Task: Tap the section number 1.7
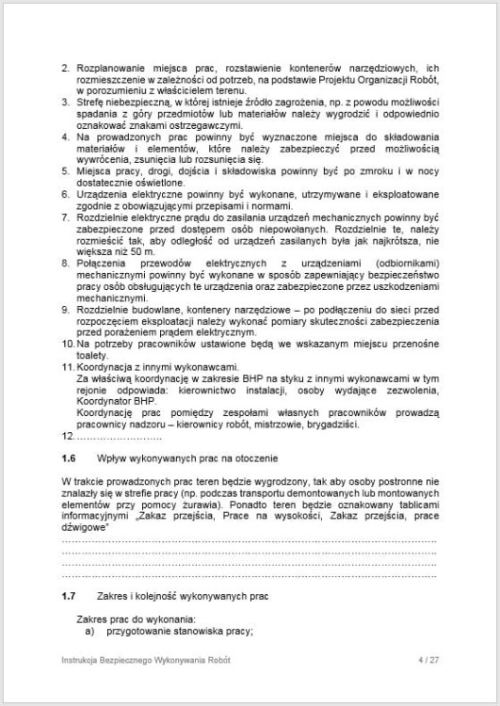[x=67, y=596]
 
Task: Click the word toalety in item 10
[x=92, y=358]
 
